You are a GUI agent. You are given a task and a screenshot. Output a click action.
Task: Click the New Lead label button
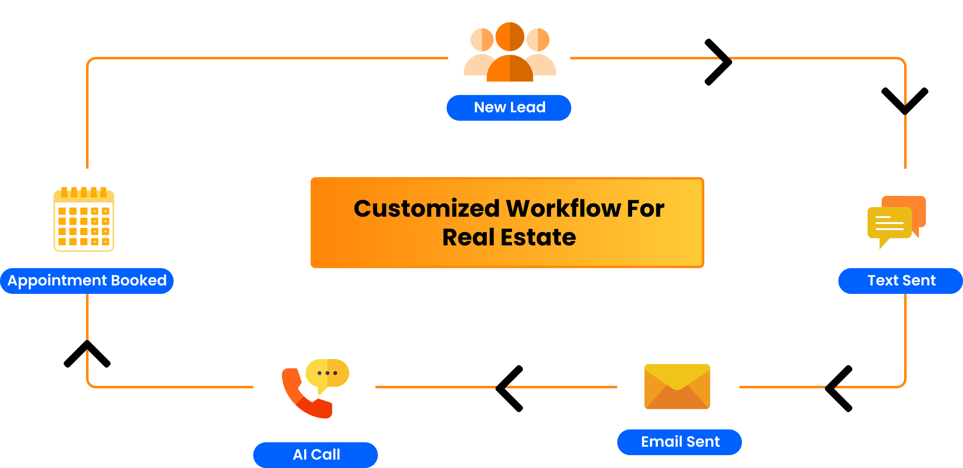tap(509, 107)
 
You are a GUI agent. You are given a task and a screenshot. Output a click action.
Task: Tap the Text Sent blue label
tap(901, 281)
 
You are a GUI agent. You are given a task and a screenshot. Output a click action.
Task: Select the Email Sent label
tap(680, 442)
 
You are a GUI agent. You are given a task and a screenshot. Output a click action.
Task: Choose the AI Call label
tap(316, 455)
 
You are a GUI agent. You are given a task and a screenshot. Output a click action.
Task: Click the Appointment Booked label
tap(87, 281)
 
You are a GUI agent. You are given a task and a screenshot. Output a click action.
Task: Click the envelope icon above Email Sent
tap(677, 386)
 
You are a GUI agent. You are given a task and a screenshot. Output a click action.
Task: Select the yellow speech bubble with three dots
tap(327, 374)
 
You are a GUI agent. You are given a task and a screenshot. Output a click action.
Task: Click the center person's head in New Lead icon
tap(510, 37)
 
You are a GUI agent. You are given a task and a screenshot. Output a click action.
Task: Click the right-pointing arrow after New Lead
tap(719, 62)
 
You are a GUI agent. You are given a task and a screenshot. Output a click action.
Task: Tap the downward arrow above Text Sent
tap(905, 100)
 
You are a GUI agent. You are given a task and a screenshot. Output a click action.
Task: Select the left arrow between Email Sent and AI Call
tap(509, 388)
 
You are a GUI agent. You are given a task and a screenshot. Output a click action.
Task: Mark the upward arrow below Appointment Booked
tap(87, 353)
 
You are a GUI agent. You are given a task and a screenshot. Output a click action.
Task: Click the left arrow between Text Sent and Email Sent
tap(839, 388)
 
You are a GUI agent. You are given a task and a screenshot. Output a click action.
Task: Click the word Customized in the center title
tap(426, 208)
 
